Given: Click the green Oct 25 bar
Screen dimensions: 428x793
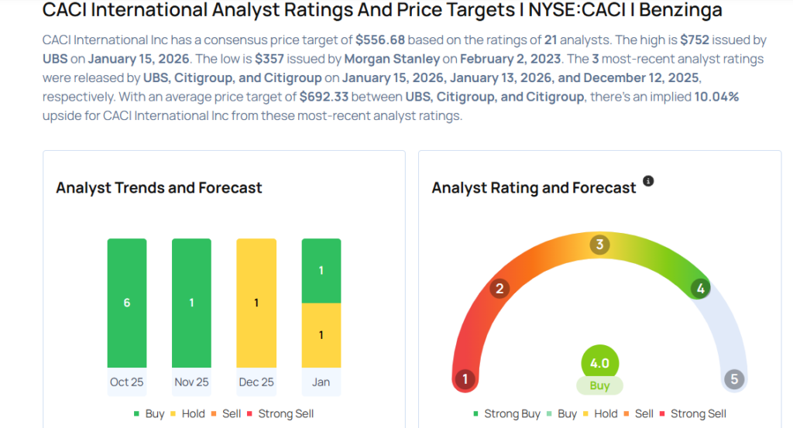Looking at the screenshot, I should pyautogui.click(x=127, y=303).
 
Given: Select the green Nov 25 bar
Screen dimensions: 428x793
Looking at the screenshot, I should pyautogui.click(x=191, y=303).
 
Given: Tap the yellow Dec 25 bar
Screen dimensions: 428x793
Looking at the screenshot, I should pyautogui.click(x=256, y=303).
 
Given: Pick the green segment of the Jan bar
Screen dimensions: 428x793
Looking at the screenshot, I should pyautogui.click(x=321, y=270).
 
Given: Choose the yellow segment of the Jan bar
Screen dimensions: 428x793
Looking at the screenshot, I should pyautogui.click(x=321, y=335).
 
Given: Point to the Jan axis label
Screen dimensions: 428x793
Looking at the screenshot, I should pyautogui.click(x=321, y=382).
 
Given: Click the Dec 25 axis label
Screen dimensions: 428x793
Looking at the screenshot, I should pyautogui.click(x=256, y=382).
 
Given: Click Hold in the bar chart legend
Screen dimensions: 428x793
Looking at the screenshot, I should pyautogui.click(x=192, y=413).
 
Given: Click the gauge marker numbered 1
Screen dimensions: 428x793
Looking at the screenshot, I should pyautogui.click(x=465, y=379).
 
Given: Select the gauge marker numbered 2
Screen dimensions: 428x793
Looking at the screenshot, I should pyautogui.click(x=499, y=289).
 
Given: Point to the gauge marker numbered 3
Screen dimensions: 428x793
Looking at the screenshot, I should pyautogui.click(x=599, y=245).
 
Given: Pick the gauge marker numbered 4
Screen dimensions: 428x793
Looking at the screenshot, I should pyautogui.click(x=700, y=289).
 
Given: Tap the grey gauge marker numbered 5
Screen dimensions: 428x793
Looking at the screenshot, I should pyautogui.click(x=733, y=379).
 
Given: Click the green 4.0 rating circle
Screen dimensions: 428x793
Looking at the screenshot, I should pyautogui.click(x=600, y=363).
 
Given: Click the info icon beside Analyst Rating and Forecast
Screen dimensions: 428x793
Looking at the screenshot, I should pyautogui.click(x=648, y=181).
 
